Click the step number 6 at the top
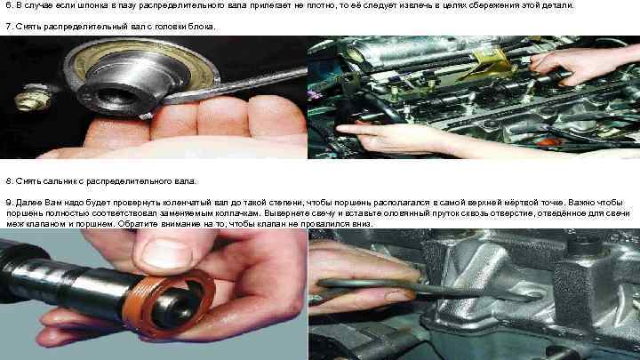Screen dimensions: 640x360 click(8, 5)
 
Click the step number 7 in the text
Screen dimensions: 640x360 click(8, 27)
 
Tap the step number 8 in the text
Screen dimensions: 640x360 click(8, 180)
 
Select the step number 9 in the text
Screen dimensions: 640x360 click(8, 203)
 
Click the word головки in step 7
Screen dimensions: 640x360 click(169, 27)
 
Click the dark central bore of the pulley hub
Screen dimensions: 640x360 click(116, 95)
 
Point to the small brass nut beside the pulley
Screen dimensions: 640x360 click(33, 97)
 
